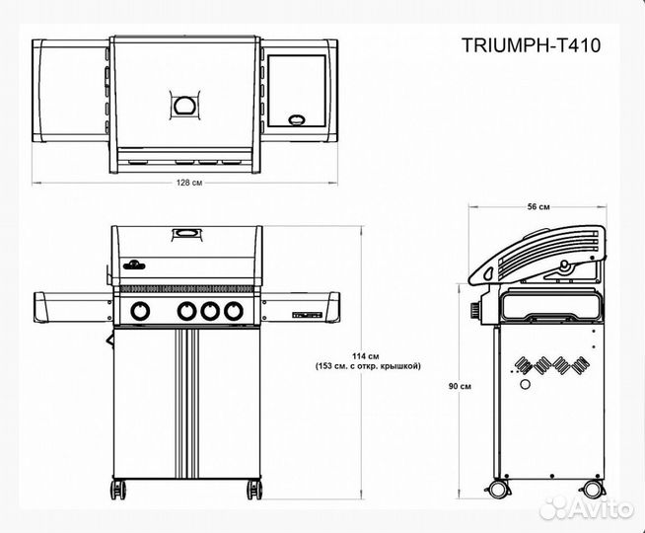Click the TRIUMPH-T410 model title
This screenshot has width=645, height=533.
531,44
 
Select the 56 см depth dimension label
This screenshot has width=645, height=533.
537,206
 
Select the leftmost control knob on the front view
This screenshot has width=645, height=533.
142,311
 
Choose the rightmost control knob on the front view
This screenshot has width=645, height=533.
233,311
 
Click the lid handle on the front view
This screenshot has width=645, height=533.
186,234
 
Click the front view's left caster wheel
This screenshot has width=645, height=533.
120,487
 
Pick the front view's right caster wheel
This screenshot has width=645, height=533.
254,487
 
